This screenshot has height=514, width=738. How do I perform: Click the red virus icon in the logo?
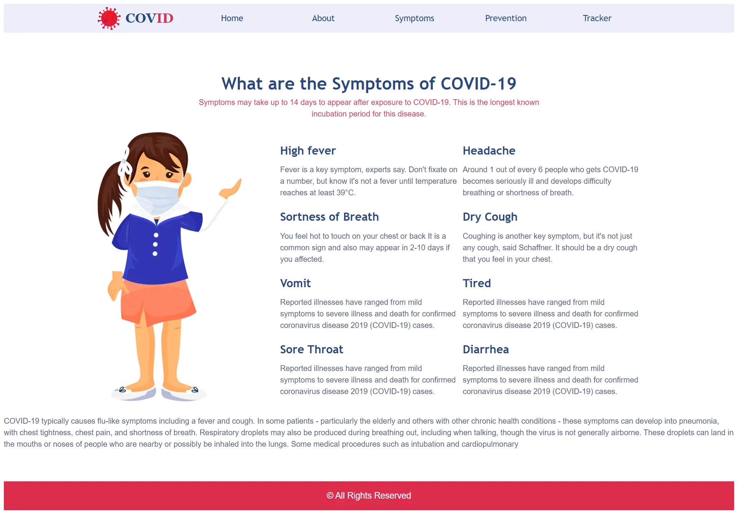point(109,18)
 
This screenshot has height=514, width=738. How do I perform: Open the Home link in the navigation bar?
point(232,18)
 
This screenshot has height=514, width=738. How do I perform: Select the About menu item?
point(323,18)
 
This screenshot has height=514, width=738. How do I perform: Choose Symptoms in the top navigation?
point(414,18)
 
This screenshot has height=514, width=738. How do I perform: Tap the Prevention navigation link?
point(505,18)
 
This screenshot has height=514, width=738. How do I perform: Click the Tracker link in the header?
point(597,18)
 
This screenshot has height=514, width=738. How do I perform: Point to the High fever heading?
point(308,151)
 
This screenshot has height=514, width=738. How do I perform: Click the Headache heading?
point(489,151)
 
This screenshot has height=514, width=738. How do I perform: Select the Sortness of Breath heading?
point(329,217)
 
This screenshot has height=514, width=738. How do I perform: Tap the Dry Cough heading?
point(490,217)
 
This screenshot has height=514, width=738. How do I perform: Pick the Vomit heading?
point(295,283)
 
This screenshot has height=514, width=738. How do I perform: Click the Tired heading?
point(477,283)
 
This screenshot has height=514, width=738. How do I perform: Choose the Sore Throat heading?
point(311,349)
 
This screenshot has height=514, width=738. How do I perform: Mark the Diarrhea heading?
point(486,349)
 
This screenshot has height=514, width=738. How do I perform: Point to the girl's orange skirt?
point(158,302)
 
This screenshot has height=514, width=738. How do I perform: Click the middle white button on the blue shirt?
point(155,245)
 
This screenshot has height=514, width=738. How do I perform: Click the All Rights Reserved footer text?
point(369,496)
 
